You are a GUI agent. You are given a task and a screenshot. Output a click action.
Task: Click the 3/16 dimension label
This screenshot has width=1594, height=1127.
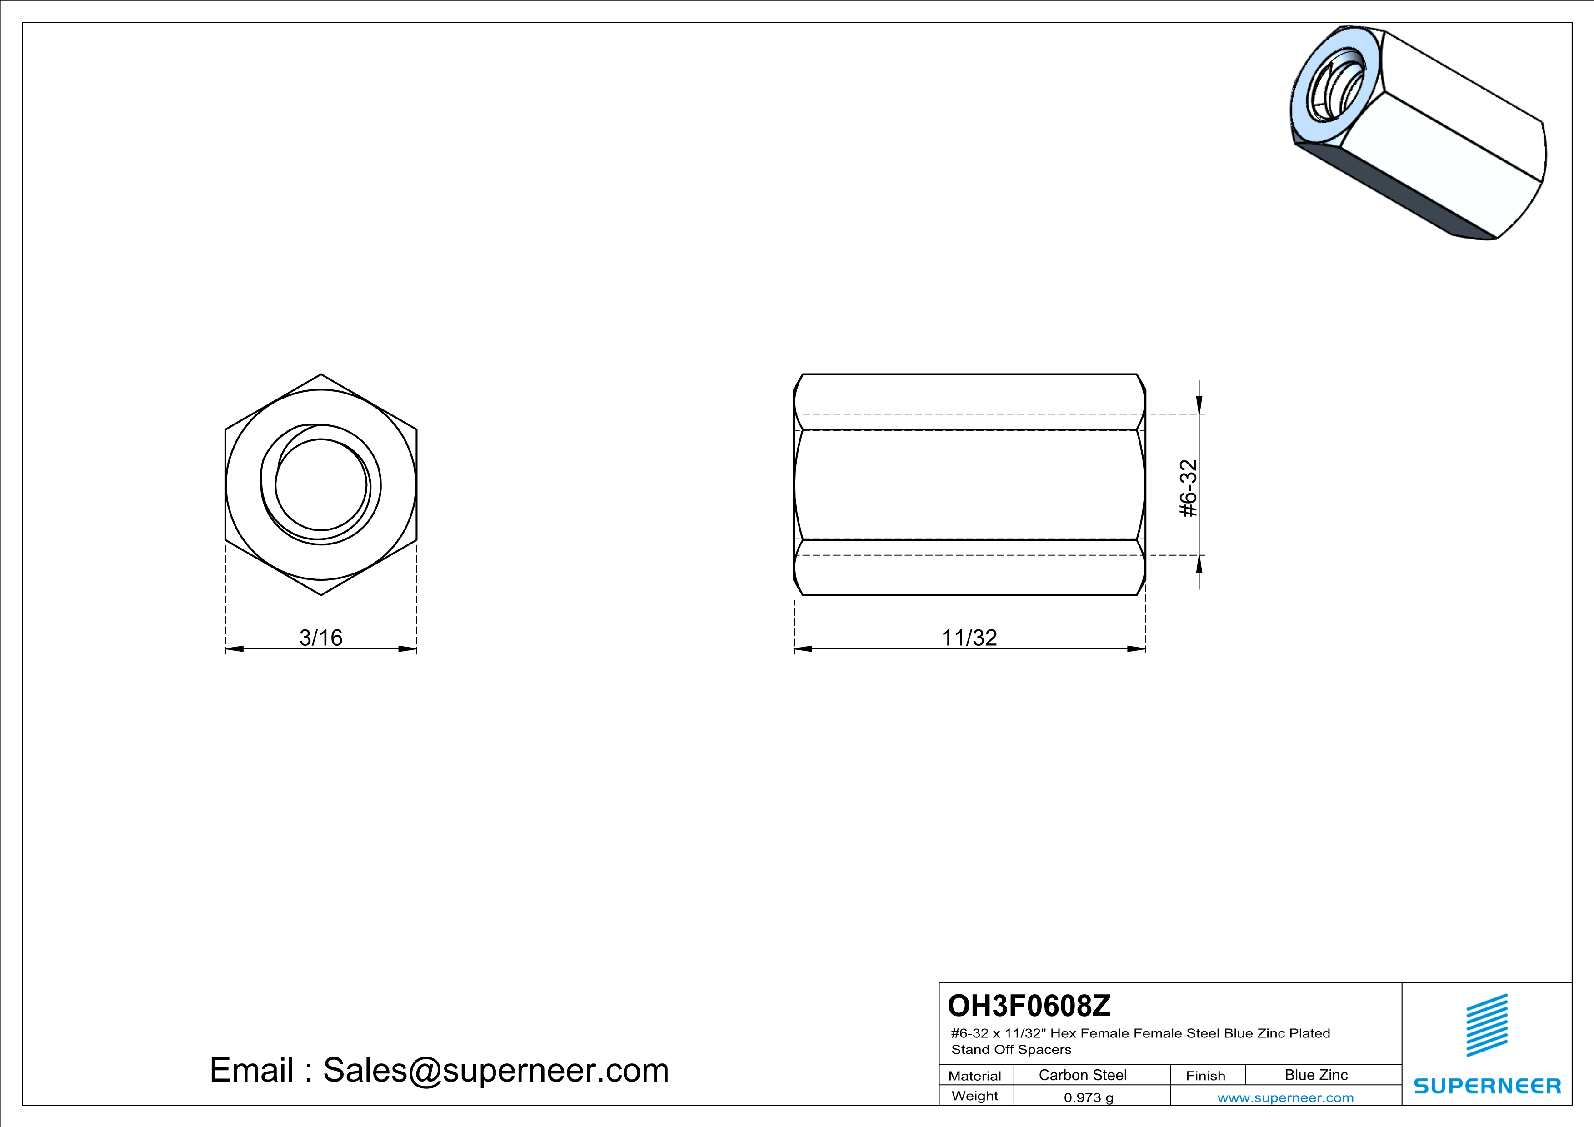pyautogui.click(x=321, y=637)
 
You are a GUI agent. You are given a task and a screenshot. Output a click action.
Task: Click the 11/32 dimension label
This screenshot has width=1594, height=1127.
pyautogui.click(x=969, y=637)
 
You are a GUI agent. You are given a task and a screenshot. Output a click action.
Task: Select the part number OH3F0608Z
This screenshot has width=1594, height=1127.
pyautogui.click(x=1029, y=1005)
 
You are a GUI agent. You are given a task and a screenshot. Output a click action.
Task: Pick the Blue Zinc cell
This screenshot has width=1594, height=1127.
pyautogui.click(x=1316, y=1075)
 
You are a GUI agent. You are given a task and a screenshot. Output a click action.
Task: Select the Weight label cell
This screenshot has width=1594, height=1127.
pyautogui.click(x=975, y=1096)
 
